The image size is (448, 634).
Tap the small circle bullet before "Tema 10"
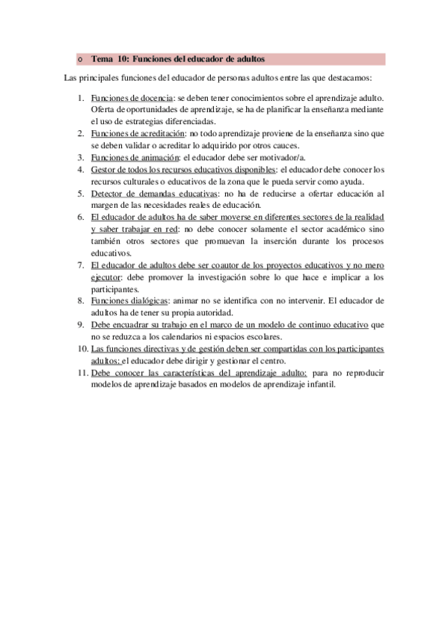[x=80, y=59]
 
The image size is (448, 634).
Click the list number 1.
[x=81, y=97]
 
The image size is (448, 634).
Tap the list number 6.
[x=81, y=218]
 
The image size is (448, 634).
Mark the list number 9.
[x=81, y=325]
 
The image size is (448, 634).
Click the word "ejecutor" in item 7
[x=105, y=277]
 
